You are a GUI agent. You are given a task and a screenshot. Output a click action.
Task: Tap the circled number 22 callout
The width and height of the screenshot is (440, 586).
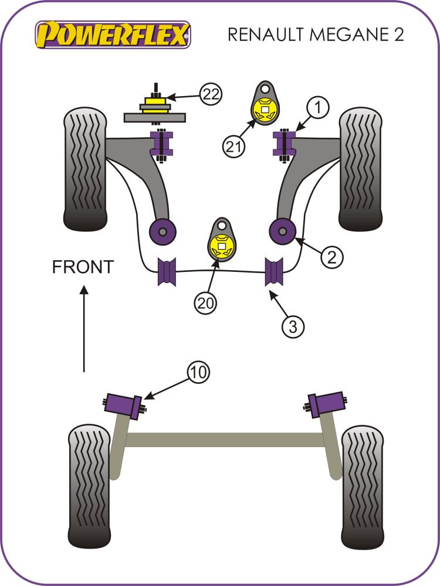click(x=212, y=94)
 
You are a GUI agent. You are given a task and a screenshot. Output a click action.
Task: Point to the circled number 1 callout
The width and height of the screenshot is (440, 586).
click(x=317, y=107)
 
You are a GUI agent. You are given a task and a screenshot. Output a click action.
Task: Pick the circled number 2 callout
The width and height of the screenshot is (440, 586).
click(x=332, y=257)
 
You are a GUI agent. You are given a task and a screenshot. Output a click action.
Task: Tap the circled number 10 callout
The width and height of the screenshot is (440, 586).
click(x=198, y=372)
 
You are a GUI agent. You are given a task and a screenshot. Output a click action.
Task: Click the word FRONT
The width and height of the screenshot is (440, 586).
click(x=83, y=267)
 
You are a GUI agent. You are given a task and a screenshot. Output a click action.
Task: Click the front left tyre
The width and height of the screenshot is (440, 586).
click(x=86, y=169)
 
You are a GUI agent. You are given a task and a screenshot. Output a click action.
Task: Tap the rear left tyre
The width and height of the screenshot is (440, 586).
click(x=89, y=486)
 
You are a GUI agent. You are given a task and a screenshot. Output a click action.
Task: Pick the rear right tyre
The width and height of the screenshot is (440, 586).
click(x=363, y=487)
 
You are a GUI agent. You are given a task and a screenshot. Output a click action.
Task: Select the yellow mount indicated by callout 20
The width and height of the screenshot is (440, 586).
click(x=222, y=246)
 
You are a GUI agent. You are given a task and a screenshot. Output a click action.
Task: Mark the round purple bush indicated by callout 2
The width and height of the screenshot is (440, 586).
click(x=282, y=231)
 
